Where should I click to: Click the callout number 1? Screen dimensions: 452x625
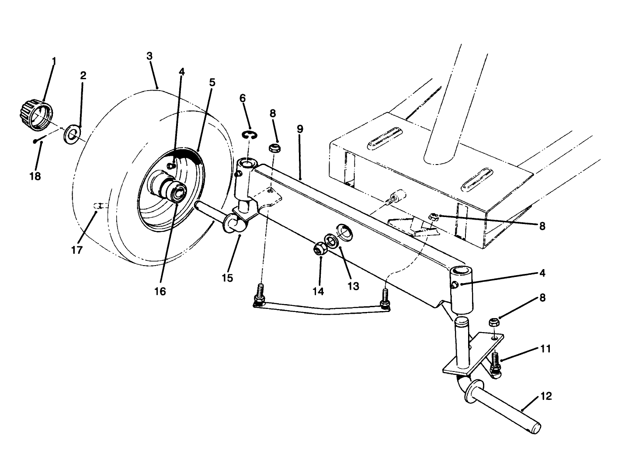point(54,61)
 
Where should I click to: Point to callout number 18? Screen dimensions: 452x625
point(35,176)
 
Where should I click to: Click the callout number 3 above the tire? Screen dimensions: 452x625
point(149,56)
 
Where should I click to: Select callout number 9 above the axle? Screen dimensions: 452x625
point(299,129)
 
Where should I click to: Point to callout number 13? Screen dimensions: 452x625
point(353,286)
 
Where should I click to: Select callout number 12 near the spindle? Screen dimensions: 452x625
point(546,396)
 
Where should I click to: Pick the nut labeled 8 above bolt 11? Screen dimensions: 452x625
point(492,323)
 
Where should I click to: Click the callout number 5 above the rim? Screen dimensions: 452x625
point(212,83)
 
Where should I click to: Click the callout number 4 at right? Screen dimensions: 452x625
point(542,273)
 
